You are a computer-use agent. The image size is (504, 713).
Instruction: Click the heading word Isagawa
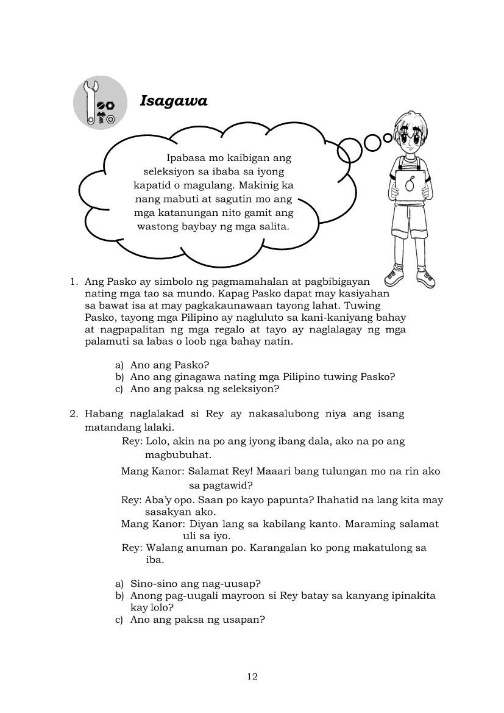click(174, 101)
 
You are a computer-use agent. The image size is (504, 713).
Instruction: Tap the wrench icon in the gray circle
click(91, 101)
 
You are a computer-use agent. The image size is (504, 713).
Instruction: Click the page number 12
click(252, 676)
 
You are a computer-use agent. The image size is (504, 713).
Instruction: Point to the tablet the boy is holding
click(410, 184)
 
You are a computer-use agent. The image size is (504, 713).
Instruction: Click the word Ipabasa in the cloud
click(187, 158)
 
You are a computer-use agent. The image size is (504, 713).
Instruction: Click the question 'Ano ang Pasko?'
click(169, 365)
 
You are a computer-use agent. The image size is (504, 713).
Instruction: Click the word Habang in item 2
click(104, 414)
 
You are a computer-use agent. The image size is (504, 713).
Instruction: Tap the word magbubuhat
click(178, 454)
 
